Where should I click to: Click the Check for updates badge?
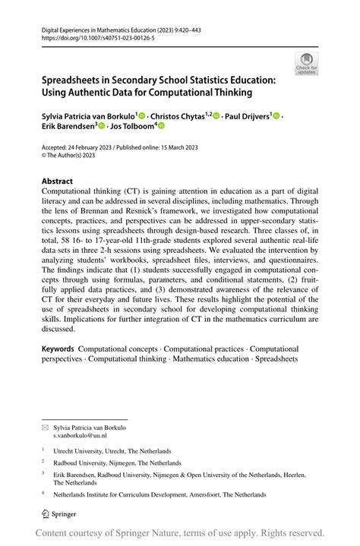[x=306, y=64]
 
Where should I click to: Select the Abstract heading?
[x=57, y=181]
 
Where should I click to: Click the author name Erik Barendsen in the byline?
[x=68, y=126]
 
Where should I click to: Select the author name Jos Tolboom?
[x=132, y=126]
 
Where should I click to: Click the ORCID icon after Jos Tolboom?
[x=161, y=126]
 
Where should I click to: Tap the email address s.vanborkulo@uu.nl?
[x=80, y=436]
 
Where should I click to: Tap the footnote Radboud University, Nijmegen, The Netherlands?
[x=117, y=462]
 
